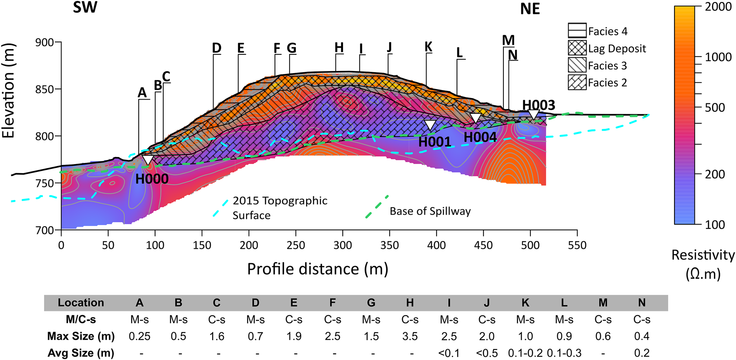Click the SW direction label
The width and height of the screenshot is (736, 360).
(x=85, y=7)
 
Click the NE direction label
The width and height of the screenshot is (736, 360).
(x=530, y=9)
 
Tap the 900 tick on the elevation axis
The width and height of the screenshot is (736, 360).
(x=45, y=42)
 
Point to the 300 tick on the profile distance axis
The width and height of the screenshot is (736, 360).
(x=343, y=245)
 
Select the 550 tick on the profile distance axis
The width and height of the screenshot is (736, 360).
(x=577, y=245)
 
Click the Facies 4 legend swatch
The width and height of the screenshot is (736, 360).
(x=577, y=31)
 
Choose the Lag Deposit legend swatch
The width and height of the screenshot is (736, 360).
(x=577, y=48)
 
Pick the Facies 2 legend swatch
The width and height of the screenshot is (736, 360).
(x=577, y=82)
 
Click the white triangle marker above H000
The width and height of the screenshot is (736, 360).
(x=147, y=160)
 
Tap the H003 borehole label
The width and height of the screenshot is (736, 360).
(x=538, y=105)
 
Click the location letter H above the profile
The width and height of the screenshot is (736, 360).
(x=339, y=48)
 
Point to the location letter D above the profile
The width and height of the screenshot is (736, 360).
(x=216, y=48)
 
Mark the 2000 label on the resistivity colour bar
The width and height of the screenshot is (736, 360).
(x=718, y=7)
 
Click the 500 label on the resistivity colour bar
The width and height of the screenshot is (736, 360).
(x=715, y=108)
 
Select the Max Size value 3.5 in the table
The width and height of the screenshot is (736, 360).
(x=410, y=336)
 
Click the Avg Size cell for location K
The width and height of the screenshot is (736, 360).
(x=525, y=353)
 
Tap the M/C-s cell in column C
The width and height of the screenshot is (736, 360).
(x=217, y=320)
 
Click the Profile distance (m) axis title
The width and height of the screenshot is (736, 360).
(x=317, y=269)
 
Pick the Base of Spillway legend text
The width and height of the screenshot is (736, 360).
(x=430, y=211)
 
